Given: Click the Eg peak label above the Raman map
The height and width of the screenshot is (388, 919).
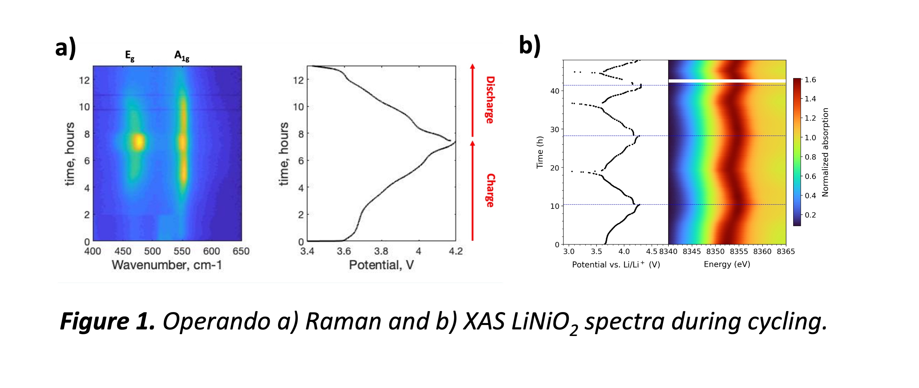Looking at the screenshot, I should pos(129,56).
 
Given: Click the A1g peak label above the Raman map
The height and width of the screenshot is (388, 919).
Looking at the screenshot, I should pos(182,56).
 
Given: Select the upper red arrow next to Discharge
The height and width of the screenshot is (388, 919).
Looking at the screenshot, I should pos(472,100).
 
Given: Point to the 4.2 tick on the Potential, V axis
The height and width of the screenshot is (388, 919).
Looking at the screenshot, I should pos(456,251).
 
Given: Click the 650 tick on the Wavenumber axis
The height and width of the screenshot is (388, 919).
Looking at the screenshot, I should pos(241,251).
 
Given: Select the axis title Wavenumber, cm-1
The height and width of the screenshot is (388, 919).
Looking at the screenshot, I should pos(167,265).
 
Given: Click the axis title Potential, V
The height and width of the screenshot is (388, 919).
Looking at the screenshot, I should pos(381,265).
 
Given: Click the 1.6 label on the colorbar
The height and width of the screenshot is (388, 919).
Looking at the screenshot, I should pos(810,80).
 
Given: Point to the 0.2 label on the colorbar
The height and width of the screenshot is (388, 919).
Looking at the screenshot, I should pos(810,215).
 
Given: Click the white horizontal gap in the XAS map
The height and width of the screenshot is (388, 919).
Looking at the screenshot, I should pos(727,81).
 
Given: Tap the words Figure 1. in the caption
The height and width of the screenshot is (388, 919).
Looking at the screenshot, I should pos(107,321).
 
